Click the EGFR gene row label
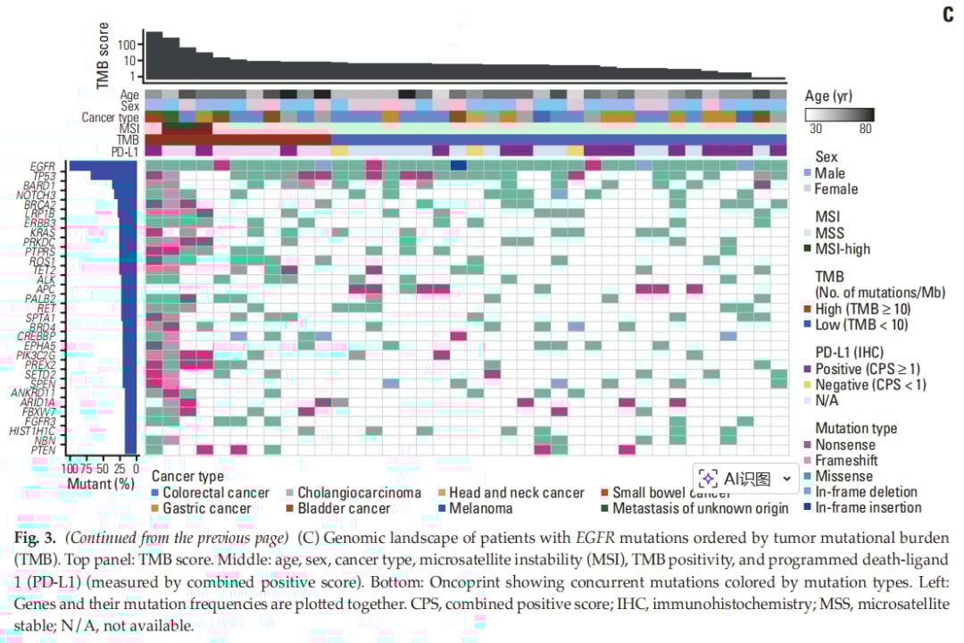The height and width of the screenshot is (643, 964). coord(43,166)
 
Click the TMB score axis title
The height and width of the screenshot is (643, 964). coord(103,56)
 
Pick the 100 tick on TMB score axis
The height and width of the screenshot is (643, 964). coord(126,45)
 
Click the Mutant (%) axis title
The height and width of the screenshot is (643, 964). coord(101,483)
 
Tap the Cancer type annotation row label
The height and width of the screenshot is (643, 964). coord(110,117)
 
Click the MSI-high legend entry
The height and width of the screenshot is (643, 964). coord(843,249)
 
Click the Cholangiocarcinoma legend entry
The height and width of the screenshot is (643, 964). coord(359,493)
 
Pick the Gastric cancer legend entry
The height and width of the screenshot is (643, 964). coord(207,508)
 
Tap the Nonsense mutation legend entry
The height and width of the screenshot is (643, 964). coord(844,445)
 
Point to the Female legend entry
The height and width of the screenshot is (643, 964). coord(836,188)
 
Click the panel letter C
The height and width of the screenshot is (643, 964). coord(948,15)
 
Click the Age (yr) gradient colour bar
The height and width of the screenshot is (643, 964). coord(838,114)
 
